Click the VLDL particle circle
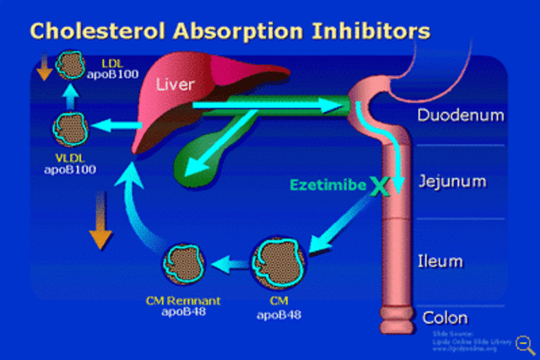[x=70, y=127]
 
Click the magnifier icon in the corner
[x=524, y=343]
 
